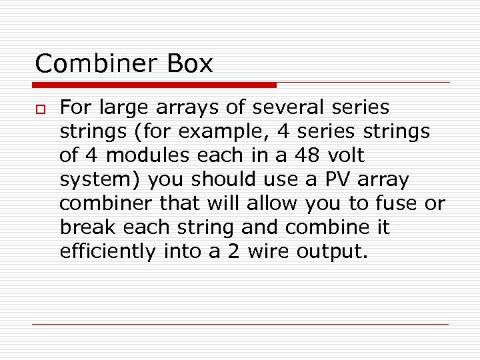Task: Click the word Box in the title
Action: [190, 63]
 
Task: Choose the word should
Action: [219, 179]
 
